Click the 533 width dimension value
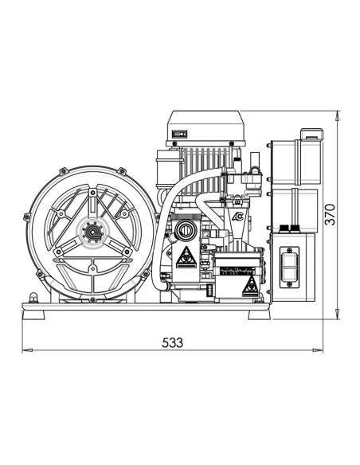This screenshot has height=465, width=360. (172, 342)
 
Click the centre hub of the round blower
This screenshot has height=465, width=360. (92, 233)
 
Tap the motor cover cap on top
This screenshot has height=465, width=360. (204, 123)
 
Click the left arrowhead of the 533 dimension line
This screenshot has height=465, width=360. (25, 350)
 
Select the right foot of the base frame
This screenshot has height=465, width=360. (258, 314)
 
